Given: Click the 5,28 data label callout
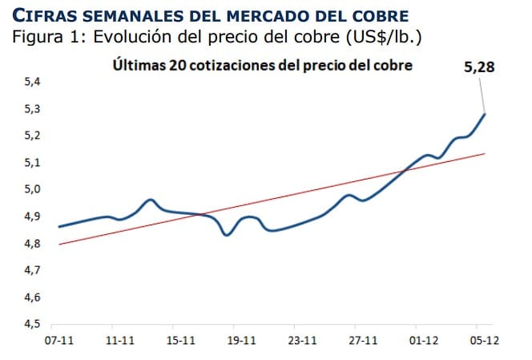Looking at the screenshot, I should pos(479,68).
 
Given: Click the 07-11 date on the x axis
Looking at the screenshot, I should pos(59,340).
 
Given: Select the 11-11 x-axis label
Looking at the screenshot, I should pos(120,340).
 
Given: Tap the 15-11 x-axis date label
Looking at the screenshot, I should pos(180,340).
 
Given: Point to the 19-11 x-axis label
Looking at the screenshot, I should pos(241,340).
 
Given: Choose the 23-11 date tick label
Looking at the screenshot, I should pos(302,340).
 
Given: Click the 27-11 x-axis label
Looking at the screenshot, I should pos(363,340).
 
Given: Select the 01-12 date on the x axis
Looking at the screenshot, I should pos(424,340).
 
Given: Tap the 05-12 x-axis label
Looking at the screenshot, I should pos(485,340).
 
